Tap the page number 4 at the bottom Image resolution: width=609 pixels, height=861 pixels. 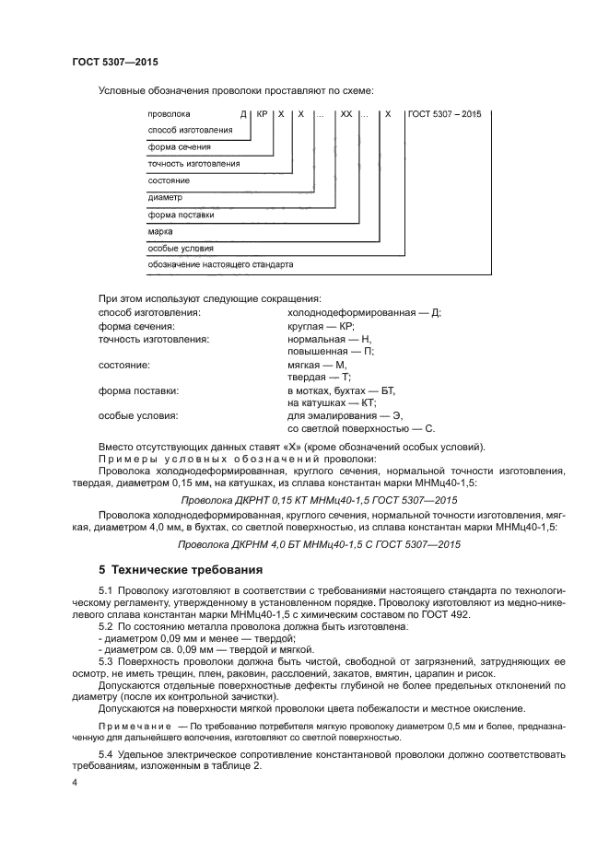click(x=75, y=782)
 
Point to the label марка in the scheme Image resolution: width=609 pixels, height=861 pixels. click(x=160, y=232)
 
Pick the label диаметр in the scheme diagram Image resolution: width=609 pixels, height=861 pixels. click(x=165, y=198)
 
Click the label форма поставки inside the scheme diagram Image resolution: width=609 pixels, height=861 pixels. click(x=181, y=215)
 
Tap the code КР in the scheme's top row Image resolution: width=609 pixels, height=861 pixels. click(x=261, y=114)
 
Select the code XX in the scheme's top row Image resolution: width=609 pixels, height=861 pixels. click(x=345, y=114)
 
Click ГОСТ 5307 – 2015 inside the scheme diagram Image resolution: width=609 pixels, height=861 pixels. click(x=446, y=114)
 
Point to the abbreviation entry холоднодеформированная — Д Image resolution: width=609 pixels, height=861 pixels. click(x=364, y=312)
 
